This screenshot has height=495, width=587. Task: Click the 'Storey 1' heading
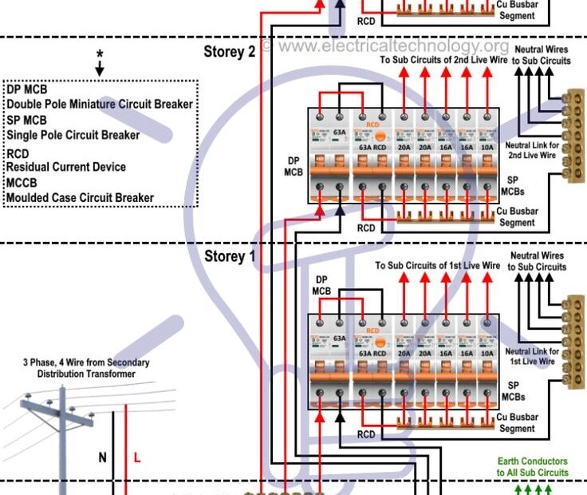point(230,256)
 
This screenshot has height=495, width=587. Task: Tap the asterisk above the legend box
point(100,54)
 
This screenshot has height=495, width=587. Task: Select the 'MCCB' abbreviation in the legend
point(22,183)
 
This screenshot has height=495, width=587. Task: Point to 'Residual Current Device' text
point(66,167)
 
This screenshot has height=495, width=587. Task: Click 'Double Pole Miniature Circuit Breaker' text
point(100,105)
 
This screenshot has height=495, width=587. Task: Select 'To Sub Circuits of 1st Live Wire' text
point(438,266)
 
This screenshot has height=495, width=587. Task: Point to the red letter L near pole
point(136,458)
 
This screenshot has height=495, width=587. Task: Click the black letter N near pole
point(103,458)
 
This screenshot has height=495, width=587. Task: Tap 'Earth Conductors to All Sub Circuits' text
point(532,467)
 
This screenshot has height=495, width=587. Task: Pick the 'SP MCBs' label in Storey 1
point(512,390)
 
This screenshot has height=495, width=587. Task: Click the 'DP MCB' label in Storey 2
point(294,165)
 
